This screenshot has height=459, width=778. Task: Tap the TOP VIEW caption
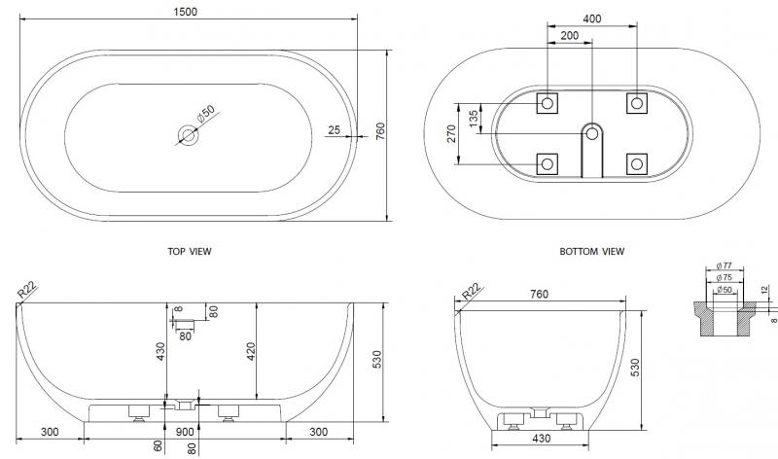click(x=190, y=251)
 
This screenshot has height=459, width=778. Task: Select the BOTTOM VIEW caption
click(x=591, y=251)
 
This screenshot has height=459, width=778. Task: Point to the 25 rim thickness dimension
click(x=334, y=128)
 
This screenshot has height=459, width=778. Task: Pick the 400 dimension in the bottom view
click(x=591, y=18)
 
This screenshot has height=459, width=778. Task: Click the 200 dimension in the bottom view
click(x=569, y=35)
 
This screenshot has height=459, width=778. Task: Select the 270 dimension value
click(x=451, y=133)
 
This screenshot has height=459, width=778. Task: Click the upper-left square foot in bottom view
click(x=548, y=102)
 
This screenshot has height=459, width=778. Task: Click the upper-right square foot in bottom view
click(x=636, y=102)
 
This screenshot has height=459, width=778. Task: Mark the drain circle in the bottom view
click(x=591, y=132)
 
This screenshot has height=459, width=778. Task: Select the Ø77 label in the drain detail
click(x=724, y=265)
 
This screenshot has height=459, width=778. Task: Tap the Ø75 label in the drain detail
click(x=724, y=277)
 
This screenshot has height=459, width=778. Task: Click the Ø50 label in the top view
click(x=206, y=117)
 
